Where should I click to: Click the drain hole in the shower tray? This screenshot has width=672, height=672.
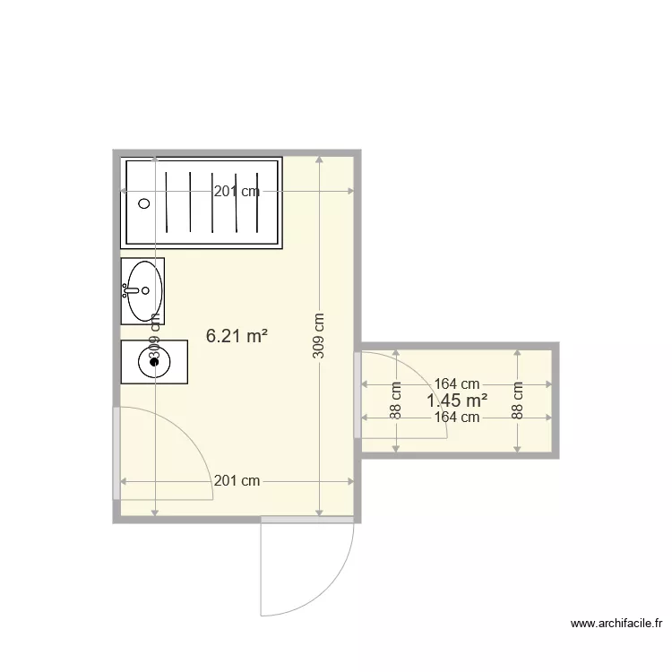[x=143, y=203]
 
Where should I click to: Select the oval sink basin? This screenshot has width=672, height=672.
[x=145, y=290]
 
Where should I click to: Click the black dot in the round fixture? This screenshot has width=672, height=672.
[x=154, y=361]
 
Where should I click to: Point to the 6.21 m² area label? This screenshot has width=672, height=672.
[x=237, y=336]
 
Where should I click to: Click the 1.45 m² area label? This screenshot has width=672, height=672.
[x=457, y=401]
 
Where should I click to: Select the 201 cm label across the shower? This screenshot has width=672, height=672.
[x=237, y=191]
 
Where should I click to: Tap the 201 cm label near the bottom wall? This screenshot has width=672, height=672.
[x=237, y=481]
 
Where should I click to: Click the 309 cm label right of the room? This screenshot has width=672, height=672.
[x=319, y=336]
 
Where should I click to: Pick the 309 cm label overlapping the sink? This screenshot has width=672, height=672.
[x=155, y=340]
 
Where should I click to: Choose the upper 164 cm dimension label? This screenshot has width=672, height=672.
[x=457, y=384]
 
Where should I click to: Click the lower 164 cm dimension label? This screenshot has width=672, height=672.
[x=457, y=418]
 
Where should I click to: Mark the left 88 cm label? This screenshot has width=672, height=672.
[x=396, y=401]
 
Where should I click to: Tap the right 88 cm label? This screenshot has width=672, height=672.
[x=517, y=401]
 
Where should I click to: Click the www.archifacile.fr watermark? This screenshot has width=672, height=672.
[x=616, y=624]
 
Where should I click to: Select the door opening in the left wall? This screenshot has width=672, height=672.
[x=116, y=453]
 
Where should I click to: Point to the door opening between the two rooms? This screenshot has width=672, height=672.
[x=358, y=395]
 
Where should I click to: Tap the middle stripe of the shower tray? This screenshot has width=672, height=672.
[x=213, y=202]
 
